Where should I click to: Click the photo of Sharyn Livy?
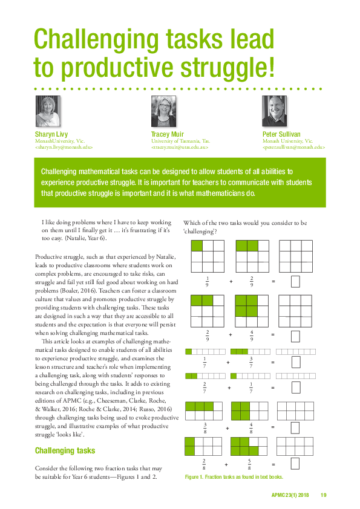tap(48, 111)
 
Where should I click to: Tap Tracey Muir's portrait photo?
tap(163, 111)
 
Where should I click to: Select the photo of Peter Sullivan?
tap(274, 111)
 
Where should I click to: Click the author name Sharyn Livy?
tap(51, 134)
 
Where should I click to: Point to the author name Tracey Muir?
tap(167, 134)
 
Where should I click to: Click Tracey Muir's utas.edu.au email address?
tap(180, 147)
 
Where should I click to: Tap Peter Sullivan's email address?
tap(293, 147)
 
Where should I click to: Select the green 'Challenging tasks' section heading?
tap(65, 450)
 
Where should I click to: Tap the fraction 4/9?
tap(251, 334)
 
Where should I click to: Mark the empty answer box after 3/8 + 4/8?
tap(295, 427)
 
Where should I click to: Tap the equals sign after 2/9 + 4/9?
tap(273, 334)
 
